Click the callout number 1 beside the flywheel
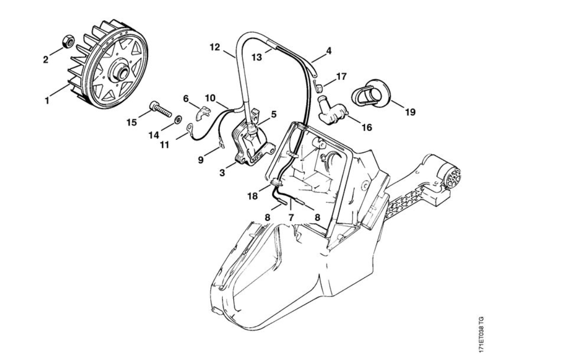47,101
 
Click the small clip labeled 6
204,114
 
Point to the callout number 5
273,114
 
